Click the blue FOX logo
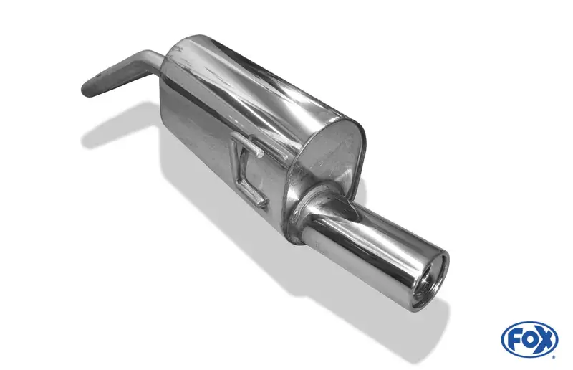click(529, 338)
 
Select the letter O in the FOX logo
click(528, 339)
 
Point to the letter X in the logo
click(544, 339)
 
